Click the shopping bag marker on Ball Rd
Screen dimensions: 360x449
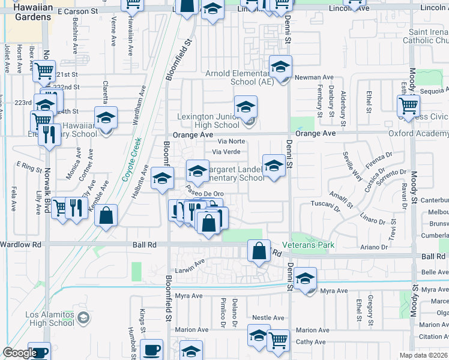pyautogui.click(x=259, y=251)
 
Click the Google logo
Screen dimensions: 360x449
pyautogui.click(x=20, y=353)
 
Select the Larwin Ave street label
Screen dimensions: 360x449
pyautogui.click(x=191, y=262)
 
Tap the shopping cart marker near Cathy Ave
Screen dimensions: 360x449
pyautogui.click(x=278, y=341)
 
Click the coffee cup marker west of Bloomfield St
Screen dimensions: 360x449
pyautogui.click(x=151, y=351)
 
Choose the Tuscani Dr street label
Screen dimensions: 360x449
pyautogui.click(x=325, y=205)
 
